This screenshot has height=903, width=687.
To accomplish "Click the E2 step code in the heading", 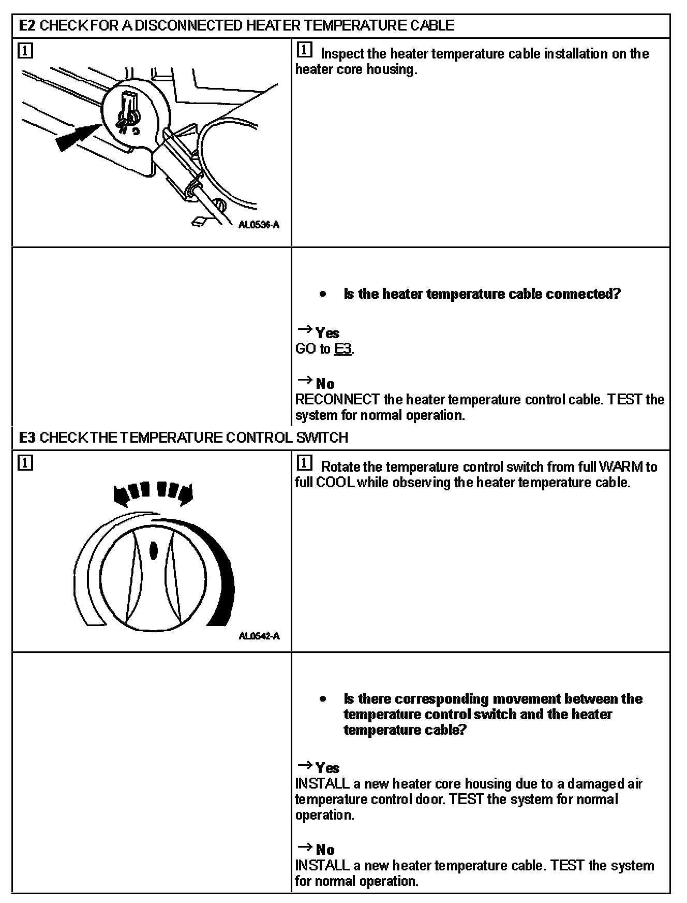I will pyautogui.click(x=27, y=25).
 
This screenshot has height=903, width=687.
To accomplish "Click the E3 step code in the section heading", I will pyautogui.click(x=27, y=438).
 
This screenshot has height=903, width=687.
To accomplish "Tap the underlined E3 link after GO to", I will pyautogui.click(x=343, y=349).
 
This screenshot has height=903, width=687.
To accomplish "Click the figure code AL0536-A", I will pyautogui.click(x=259, y=225).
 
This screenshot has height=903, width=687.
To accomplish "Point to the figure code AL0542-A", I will pyautogui.click(x=259, y=636).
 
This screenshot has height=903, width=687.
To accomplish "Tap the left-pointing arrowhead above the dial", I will pyautogui.click(x=121, y=495).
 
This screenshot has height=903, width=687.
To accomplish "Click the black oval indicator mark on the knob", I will pyautogui.click(x=153, y=550).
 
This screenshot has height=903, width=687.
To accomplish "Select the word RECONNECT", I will pyautogui.click(x=337, y=400).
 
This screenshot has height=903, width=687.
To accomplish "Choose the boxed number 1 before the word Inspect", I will pyautogui.click(x=305, y=50).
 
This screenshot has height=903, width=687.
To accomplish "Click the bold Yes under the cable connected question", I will pyautogui.click(x=327, y=333).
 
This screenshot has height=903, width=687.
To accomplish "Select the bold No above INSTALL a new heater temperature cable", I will pyautogui.click(x=325, y=850).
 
